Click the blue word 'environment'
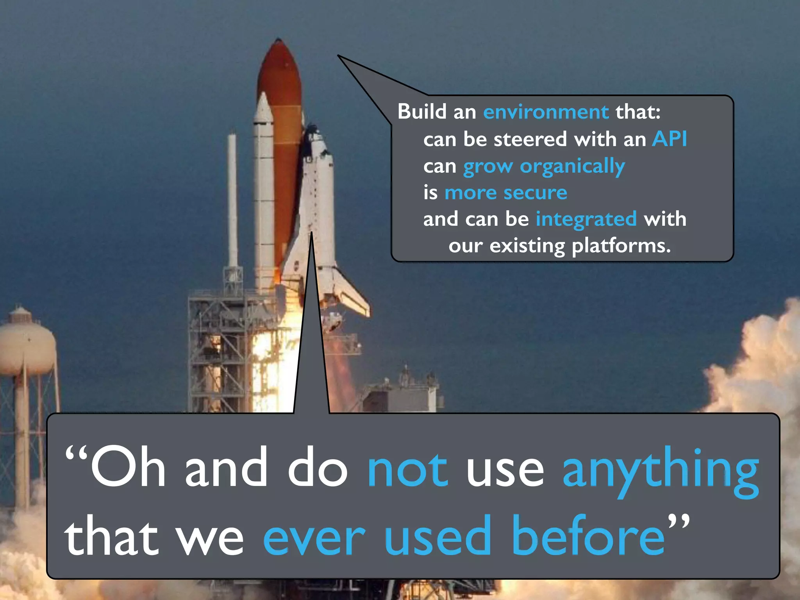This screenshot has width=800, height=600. point(546,112)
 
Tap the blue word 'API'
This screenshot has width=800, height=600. point(669,139)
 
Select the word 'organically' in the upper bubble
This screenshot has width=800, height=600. point(572,167)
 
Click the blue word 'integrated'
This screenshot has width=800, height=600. point(586,219)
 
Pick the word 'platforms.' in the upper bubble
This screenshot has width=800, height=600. point(621,246)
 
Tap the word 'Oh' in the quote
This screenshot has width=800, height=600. point(128,468)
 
